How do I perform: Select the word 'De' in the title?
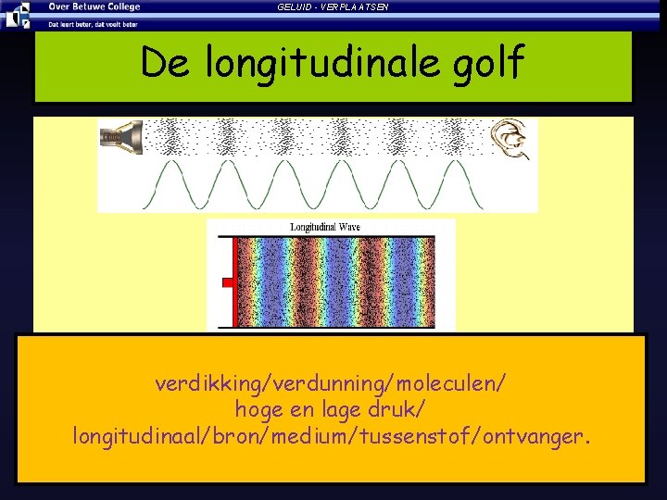168,63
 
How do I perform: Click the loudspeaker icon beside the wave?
121,137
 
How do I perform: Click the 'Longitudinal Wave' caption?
324,227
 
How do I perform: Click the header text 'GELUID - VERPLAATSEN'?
333,7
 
